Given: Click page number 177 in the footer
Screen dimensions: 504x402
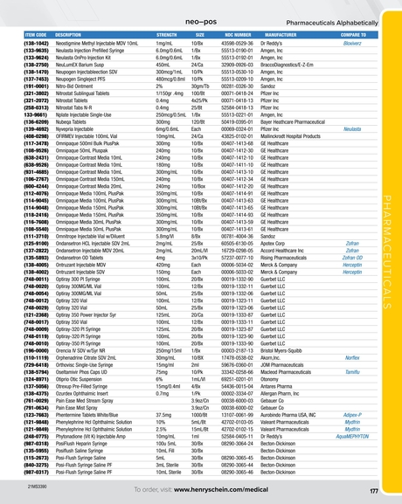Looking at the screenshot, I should point(372,492).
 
